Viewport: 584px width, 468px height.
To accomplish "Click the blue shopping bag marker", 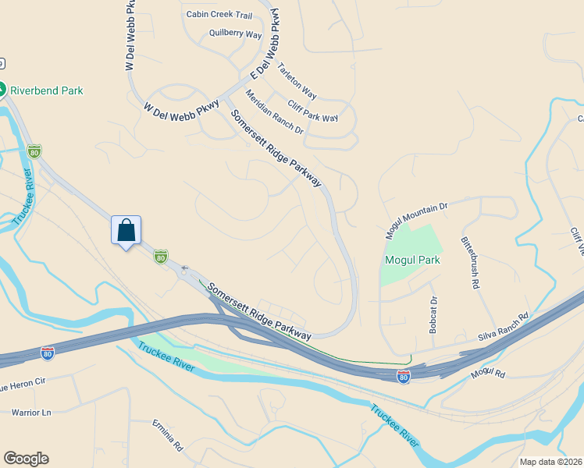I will pos(126,231).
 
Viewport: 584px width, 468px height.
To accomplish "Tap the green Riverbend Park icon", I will pos(3,90).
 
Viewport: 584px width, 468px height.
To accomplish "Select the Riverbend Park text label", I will pos(46,90).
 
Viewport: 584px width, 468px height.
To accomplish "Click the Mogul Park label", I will pos(412,260).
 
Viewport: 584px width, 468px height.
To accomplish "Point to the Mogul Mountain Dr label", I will pos(417,221).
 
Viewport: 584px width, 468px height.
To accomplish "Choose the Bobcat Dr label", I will pos(433,314).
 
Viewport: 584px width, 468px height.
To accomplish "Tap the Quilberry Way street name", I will pos(235,34).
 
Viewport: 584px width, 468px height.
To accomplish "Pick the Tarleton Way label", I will pos(297,80).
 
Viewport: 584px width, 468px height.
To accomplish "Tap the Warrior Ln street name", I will pos(31,411).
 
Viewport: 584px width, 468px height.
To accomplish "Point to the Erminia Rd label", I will pos(167,436).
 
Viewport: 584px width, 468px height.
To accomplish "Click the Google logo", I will pos(26,459).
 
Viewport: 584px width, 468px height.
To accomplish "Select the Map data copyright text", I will pos(551,462).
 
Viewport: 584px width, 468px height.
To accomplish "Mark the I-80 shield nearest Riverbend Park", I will pos(34,151).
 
